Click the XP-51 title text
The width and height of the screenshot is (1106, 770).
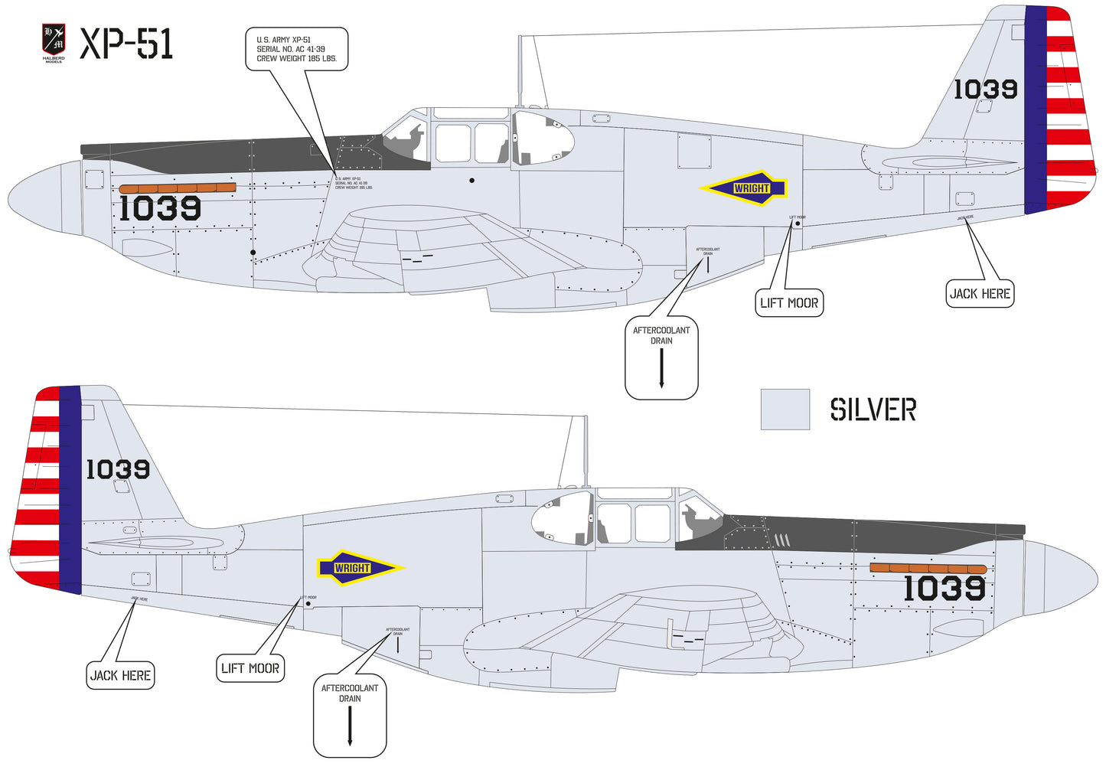click(x=127, y=44)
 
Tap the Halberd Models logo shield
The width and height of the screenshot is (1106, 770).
click(x=53, y=41)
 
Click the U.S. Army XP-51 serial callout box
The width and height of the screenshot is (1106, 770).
click(x=296, y=49)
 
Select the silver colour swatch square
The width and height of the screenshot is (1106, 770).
click(x=785, y=409)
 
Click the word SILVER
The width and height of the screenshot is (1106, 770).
click(x=873, y=409)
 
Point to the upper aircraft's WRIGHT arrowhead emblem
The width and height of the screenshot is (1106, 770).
click(x=744, y=188)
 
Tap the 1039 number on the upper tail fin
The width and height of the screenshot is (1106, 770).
click(x=985, y=90)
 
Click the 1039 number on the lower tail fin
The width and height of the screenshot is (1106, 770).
click(x=117, y=469)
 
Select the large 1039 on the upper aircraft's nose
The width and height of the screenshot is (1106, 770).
click(x=160, y=208)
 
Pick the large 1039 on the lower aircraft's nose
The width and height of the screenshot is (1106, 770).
click(x=945, y=589)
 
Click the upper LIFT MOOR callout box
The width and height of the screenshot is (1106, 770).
click(x=789, y=303)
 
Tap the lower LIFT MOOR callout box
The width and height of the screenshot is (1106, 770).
click(x=250, y=668)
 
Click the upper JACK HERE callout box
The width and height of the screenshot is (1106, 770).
click(x=980, y=294)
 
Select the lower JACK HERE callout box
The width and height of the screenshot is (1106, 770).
click(x=120, y=675)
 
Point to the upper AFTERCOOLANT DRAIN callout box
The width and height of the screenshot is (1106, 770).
click(x=661, y=357)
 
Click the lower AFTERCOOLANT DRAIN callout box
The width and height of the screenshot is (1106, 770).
click(x=350, y=715)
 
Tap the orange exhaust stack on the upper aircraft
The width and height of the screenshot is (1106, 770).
click(x=178, y=188)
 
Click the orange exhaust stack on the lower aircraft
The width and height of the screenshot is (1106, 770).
click(x=928, y=569)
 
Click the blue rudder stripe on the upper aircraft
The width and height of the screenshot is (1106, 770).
click(x=1036, y=109)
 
